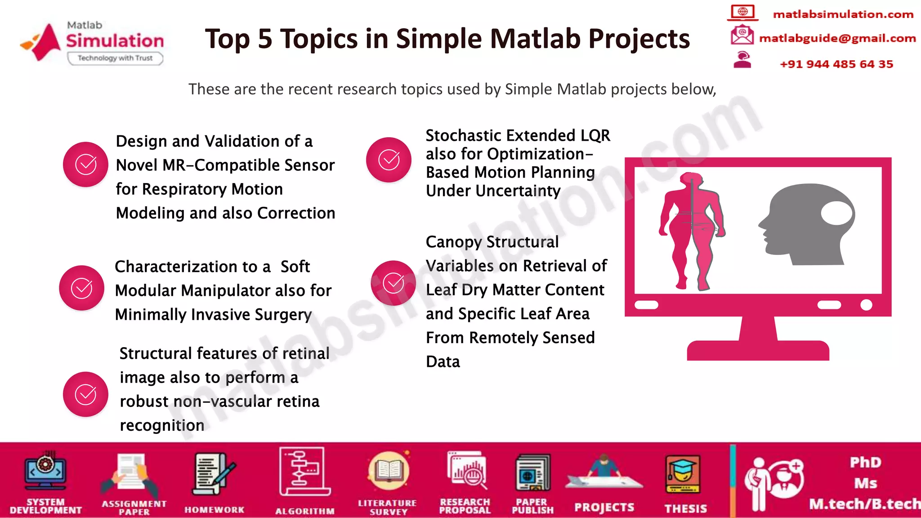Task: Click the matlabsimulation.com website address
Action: tap(843, 14)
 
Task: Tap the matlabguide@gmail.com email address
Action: tap(837, 38)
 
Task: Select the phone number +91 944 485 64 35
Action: tap(836, 64)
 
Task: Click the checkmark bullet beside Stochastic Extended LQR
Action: tap(389, 160)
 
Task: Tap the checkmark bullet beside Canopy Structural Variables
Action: tap(393, 283)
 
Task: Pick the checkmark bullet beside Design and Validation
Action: tap(85, 164)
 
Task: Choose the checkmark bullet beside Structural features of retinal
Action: tap(85, 394)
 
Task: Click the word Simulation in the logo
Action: tap(115, 41)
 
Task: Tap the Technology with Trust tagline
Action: tap(115, 58)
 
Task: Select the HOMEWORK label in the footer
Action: tap(214, 509)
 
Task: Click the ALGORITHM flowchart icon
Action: tap(304, 472)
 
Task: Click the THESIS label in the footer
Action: tap(685, 509)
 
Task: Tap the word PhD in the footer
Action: tap(865, 462)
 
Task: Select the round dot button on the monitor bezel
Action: tap(866, 305)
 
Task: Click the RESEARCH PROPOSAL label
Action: tap(465, 506)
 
